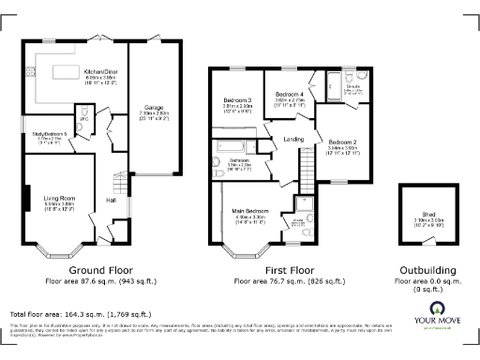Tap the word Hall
pyautogui.click(x=111, y=200)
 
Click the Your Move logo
pyautogui.click(x=436, y=316)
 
